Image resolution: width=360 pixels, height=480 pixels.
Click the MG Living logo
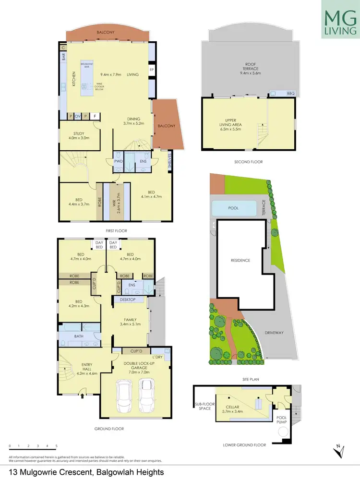pyautogui.click(x=340, y=20)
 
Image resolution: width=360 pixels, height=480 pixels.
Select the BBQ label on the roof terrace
pyautogui.click(x=290, y=93)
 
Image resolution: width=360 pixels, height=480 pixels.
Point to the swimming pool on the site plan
pyautogui.click(x=235, y=208)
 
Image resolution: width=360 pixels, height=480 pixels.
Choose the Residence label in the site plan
pyautogui.click(x=240, y=261)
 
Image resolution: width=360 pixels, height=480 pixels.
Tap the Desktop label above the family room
pyautogui.click(x=128, y=300)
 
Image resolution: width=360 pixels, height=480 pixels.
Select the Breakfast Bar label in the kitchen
pyautogui.click(x=86, y=65)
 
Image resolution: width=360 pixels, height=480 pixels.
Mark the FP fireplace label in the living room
pyautogui.click(x=152, y=70)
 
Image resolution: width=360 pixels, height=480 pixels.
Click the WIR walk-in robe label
pyautogui.click(x=113, y=202)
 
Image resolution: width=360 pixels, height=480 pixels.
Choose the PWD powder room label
pyautogui.click(x=118, y=162)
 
